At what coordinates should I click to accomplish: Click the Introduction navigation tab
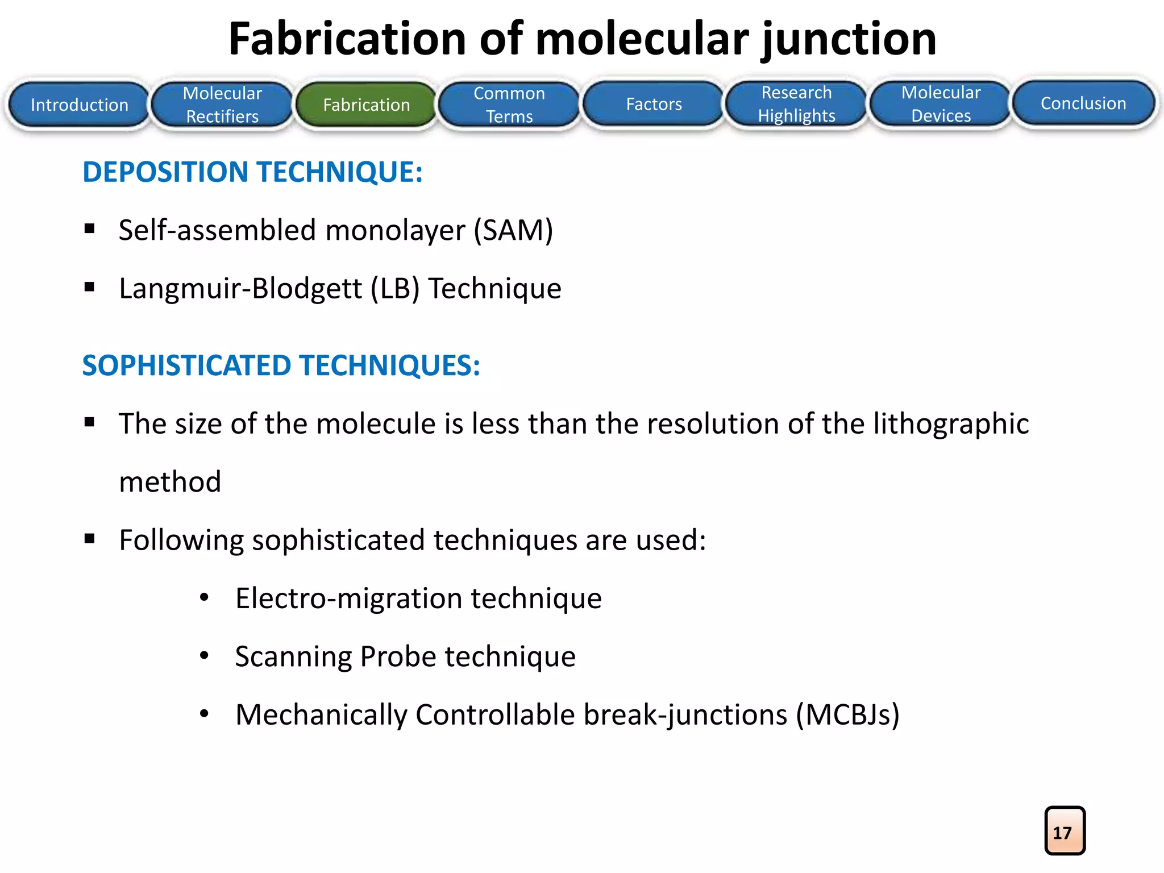pos(80,105)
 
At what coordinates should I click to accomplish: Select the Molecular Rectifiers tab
pos(223,105)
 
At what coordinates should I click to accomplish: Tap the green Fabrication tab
pos(367,105)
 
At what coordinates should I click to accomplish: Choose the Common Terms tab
pos(510,105)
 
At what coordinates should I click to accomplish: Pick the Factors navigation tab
pos(654,104)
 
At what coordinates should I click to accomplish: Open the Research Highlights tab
pos(797,104)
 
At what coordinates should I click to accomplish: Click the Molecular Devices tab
pos(941,104)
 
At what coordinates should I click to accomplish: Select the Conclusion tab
pos(1084,103)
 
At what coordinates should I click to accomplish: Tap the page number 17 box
pos(1065,831)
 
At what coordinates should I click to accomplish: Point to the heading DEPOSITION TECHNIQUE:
pos(253,172)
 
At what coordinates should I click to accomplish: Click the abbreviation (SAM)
pos(514,230)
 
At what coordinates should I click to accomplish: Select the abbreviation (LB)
pos(395,288)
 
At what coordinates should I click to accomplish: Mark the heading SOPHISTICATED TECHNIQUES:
pos(281,365)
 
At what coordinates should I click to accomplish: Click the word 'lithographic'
pos(951,424)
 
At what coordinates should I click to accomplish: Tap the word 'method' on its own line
pos(170,482)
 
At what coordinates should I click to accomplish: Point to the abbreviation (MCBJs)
pos(847,714)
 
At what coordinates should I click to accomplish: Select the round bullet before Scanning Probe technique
pos(205,656)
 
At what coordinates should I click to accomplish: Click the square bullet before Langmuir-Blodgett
pos(90,287)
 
